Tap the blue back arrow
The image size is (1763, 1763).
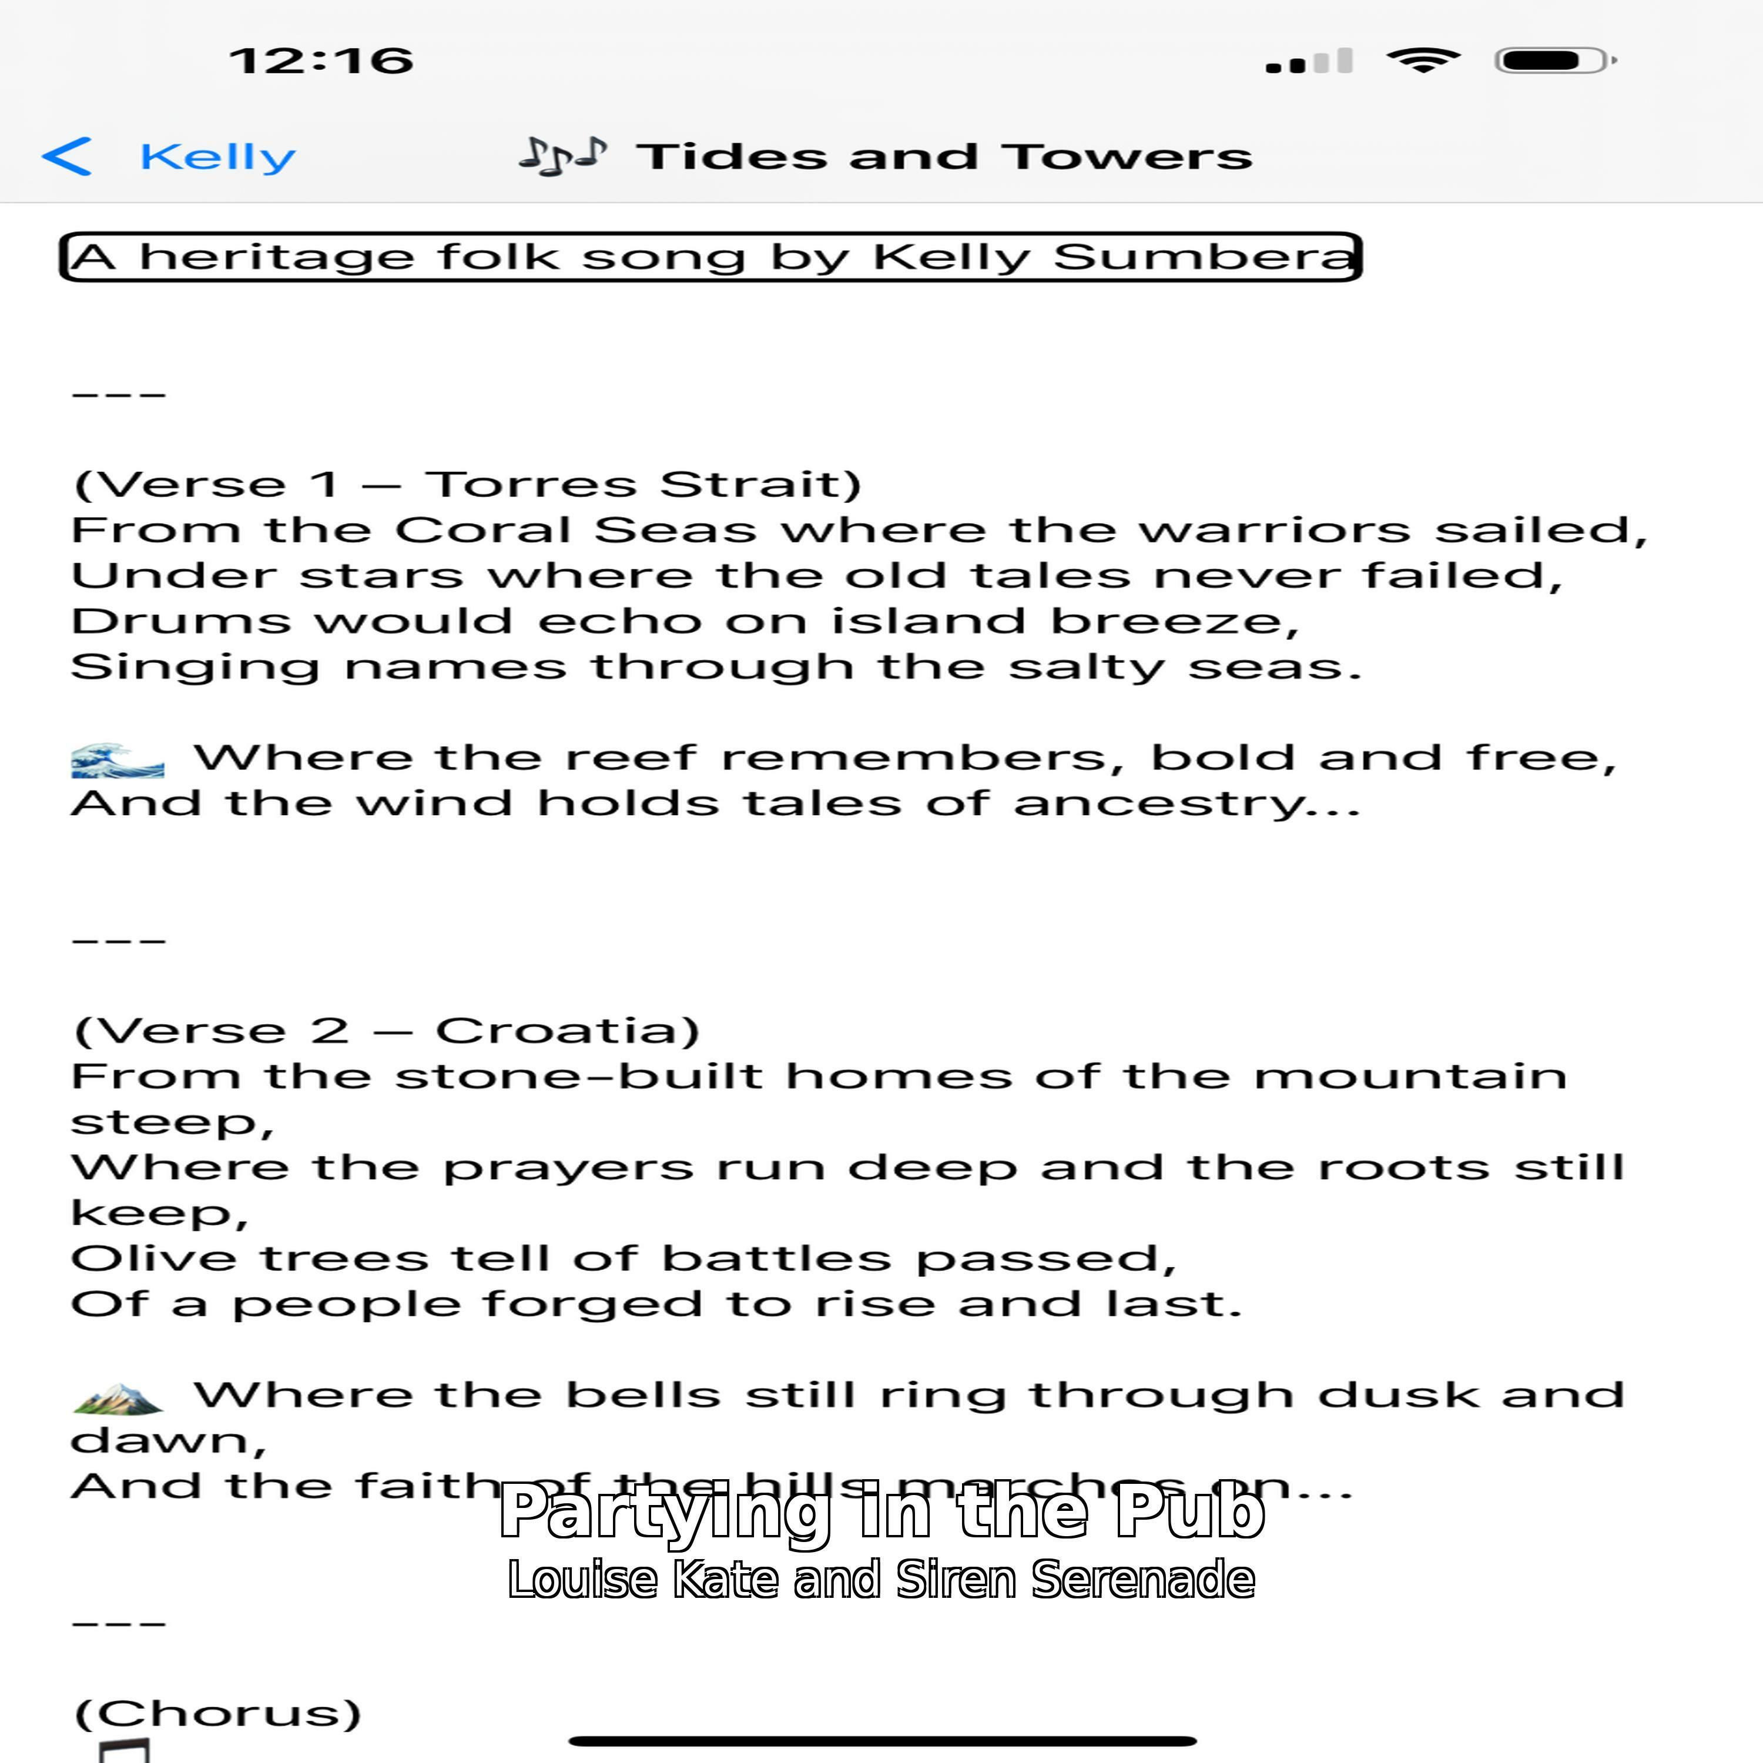[66, 156]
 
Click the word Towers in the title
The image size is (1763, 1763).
[1129, 157]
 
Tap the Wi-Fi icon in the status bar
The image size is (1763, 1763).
[1423, 60]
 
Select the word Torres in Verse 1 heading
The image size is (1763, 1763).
[530, 485]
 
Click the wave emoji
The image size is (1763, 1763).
[118, 759]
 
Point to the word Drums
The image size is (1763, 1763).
[180, 621]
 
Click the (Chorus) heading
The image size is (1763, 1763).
[218, 1714]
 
